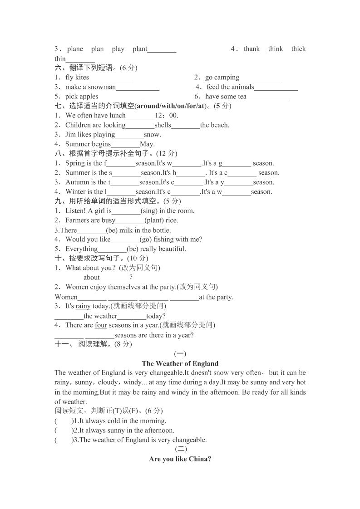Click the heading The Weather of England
180,363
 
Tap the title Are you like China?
180,459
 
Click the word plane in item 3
75,49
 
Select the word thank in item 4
252,49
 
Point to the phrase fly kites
77,78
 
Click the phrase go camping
222,78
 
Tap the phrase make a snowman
90,87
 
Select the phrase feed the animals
230,87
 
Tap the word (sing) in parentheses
149,211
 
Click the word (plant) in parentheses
155,220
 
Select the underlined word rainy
83,306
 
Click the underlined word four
101,325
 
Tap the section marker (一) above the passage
180,354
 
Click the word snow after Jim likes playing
152,135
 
